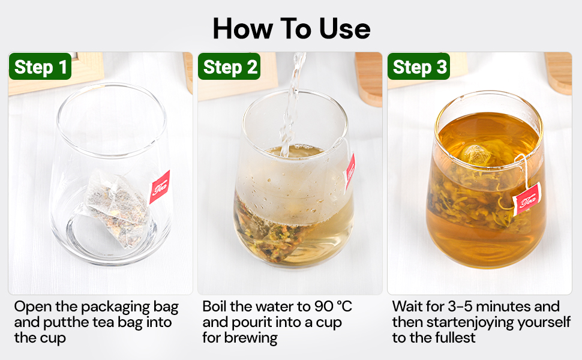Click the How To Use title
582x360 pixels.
291,28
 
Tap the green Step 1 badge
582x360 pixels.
40,67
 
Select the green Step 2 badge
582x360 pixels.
230,67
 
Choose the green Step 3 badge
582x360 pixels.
419,67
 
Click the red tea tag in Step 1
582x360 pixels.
159,187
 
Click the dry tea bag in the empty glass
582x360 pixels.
114,203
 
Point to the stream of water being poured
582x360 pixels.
292,102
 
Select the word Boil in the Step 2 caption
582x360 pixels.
215,307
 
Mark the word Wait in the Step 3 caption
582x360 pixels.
408,307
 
